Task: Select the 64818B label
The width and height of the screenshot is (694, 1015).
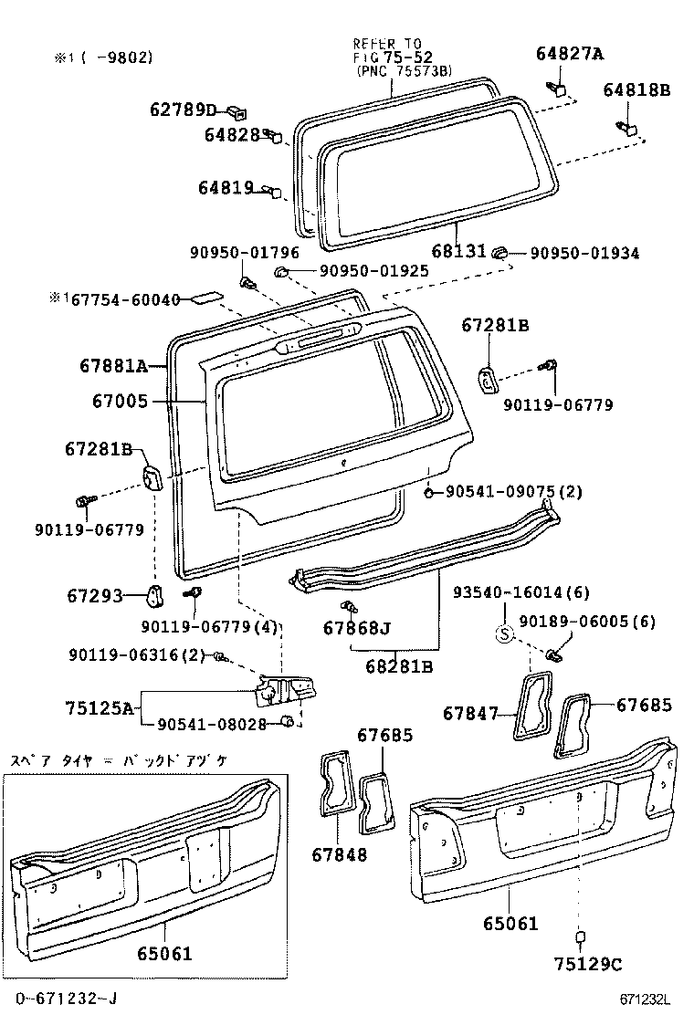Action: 636,89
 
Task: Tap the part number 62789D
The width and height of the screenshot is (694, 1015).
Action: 183,110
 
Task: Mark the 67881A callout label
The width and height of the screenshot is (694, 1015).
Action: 113,367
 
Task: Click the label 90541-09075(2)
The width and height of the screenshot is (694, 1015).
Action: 513,492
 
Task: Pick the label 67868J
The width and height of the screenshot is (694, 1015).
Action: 356,628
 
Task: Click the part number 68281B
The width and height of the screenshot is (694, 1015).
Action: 399,666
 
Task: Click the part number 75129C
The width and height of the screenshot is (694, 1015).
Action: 587,964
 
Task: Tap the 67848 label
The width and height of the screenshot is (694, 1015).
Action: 339,854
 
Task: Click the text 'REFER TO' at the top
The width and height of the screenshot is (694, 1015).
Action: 387,42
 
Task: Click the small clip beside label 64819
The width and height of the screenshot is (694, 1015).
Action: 272,191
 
